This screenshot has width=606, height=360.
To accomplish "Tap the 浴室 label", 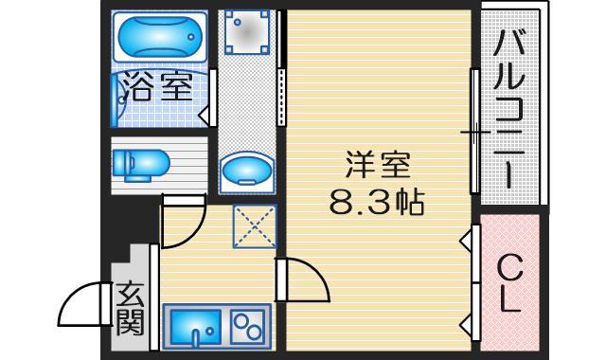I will (x=157, y=90).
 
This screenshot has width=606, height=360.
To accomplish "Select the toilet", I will (x=139, y=164).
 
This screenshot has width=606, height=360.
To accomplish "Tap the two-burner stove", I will (x=248, y=325).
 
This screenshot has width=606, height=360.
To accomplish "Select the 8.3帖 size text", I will (x=377, y=200).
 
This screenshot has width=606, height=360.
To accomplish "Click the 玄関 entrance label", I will (x=130, y=310).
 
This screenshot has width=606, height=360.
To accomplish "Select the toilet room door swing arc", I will (x=183, y=220).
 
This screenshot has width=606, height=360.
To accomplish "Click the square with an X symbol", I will (x=254, y=227).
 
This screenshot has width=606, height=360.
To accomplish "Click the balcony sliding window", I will (x=473, y=131).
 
